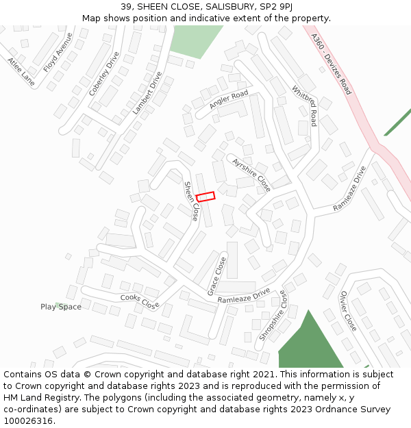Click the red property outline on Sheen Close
206,197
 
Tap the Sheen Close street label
190,201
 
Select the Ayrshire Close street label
251,175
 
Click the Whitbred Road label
304,105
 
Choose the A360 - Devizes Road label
331,64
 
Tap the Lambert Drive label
147,92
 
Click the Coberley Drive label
104,73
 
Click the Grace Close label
216,276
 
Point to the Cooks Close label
140,301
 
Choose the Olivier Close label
348,311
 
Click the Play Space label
60,307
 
